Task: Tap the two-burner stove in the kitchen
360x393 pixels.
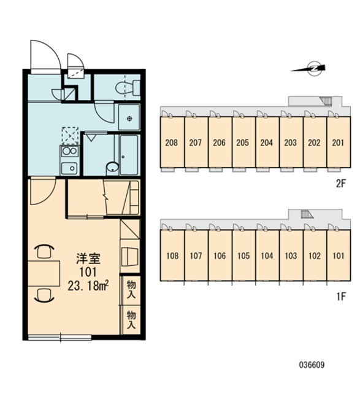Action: (x=69, y=151)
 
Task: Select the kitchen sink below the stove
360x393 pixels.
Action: (x=69, y=168)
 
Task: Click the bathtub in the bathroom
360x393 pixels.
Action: (x=129, y=155)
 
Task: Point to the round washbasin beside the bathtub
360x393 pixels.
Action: (x=112, y=167)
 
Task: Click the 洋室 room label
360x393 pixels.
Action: (x=88, y=259)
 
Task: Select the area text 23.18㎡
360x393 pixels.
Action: (x=88, y=285)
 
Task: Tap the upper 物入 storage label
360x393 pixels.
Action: (x=131, y=289)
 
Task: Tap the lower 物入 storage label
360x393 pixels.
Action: (x=131, y=319)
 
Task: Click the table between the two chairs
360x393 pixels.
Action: (x=44, y=273)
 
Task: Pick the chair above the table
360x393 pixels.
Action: (x=44, y=251)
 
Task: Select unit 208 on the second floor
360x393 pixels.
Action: (x=172, y=142)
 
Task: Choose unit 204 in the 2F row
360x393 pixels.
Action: (x=267, y=142)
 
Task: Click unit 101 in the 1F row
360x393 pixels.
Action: (x=339, y=255)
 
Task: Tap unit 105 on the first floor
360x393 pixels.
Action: (x=243, y=255)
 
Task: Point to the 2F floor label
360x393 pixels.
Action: (x=341, y=184)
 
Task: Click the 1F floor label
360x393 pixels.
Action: (x=341, y=297)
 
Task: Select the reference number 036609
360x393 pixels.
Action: (x=312, y=364)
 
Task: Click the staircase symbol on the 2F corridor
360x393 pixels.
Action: (x=326, y=101)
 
